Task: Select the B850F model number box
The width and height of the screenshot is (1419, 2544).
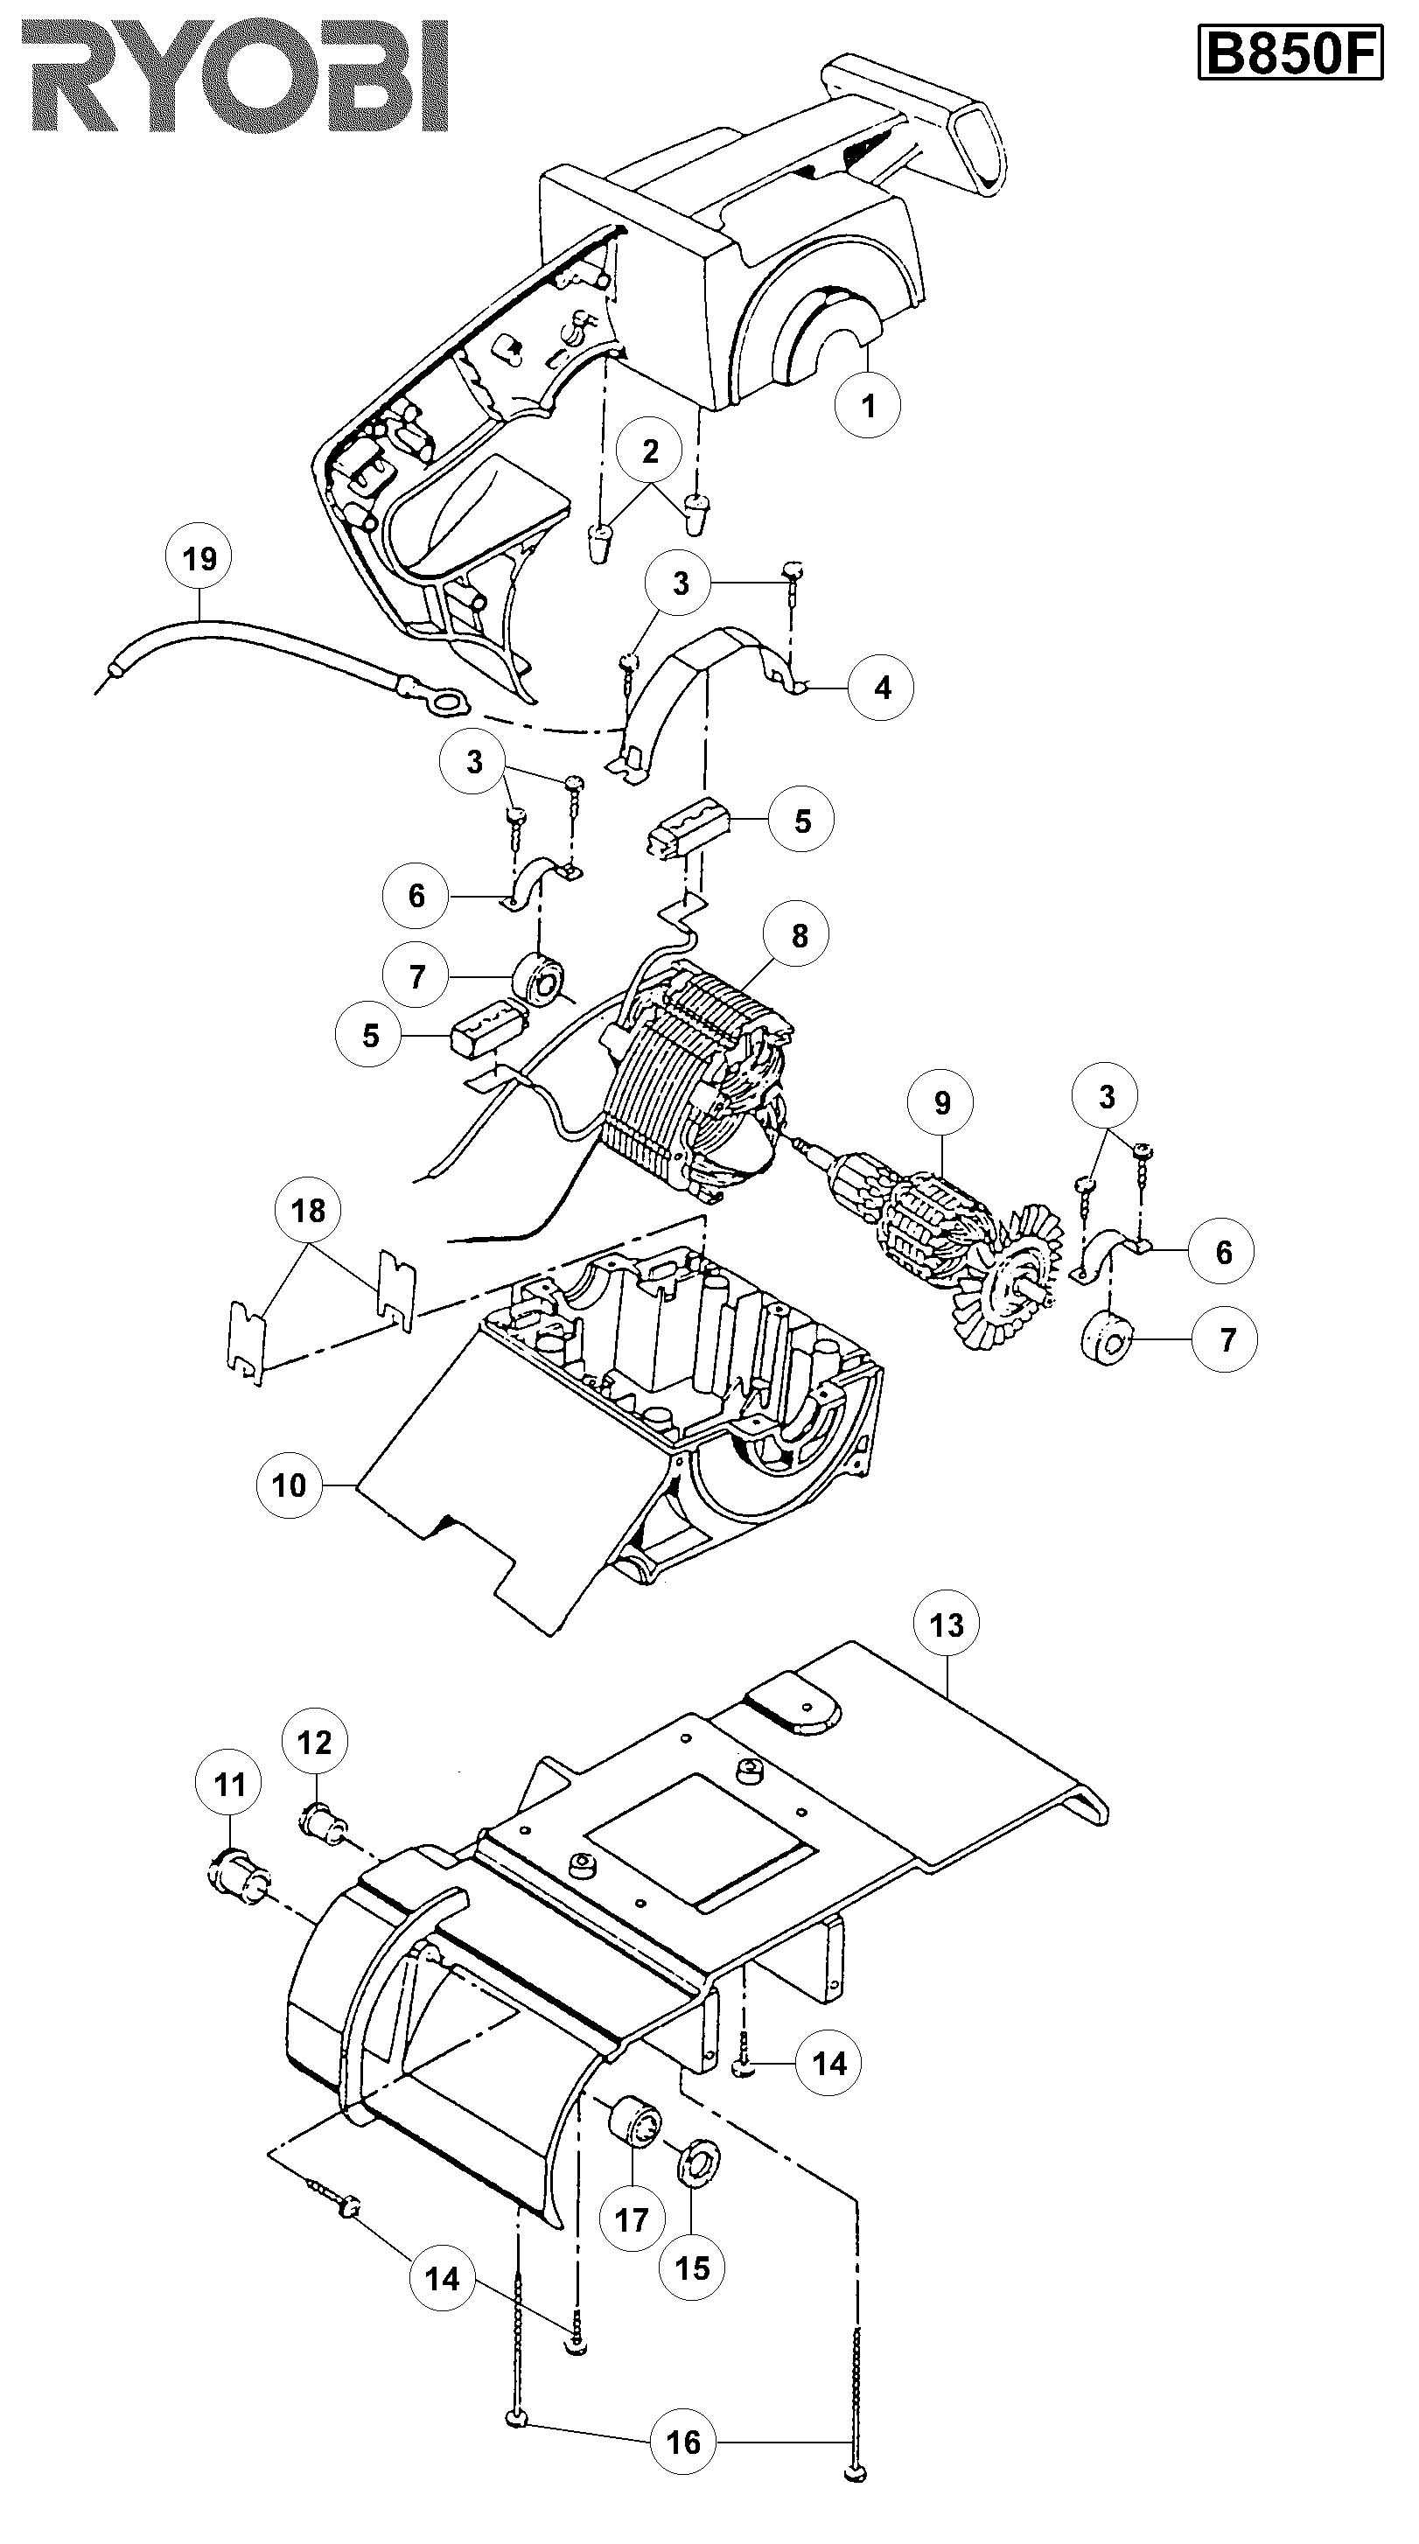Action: click(x=1290, y=54)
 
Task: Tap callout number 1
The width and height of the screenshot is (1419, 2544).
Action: click(x=867, y=405)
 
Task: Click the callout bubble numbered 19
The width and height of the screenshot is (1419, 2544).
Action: click(x=199, y=559)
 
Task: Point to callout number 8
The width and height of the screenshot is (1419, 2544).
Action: click(x=799, y=935)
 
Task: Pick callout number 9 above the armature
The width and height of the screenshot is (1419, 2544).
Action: click(x=941, y=1103)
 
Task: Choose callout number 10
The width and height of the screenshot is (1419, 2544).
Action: click(x=289, y=1485)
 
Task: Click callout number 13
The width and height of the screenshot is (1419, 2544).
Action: click(x=946, y=1625)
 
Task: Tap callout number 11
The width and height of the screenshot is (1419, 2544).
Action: click(x=230, y=1785)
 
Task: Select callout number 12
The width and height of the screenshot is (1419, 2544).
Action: click(x=315, y=1742)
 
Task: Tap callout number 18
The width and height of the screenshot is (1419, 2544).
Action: click(x=308, y=1211)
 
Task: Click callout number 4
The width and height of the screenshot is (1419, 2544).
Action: click(x=881, y=688)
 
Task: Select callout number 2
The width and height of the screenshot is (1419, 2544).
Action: click(x=650, y=451)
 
